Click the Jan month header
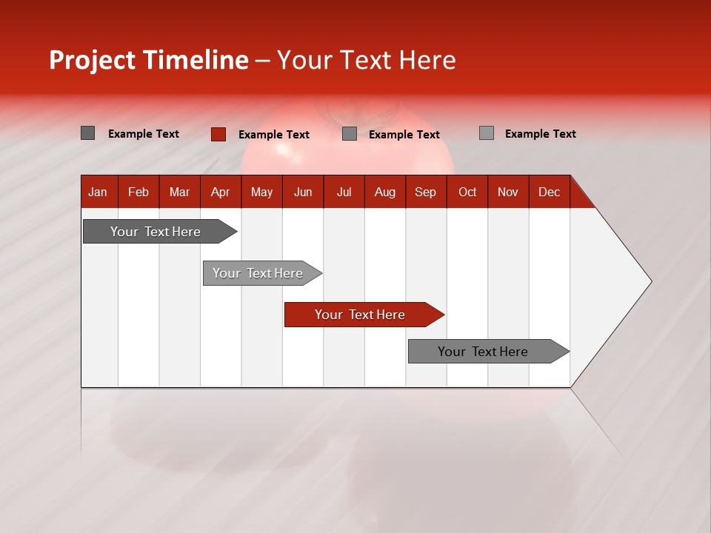[x=98, y=192]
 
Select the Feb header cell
[x=138, y=192]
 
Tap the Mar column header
[x=179, y=192]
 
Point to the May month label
[x=261, y=192]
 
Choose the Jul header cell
[x=344, y=192]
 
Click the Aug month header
[x=384, y=192]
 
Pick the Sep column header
[x=425, y=192]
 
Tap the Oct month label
[x=467, y=192]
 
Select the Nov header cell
[x=508, y=192]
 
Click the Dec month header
[x=549, y=192]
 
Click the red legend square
[x=218, y=134]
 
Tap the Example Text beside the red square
[x=273, y=135]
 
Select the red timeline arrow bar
[x=363, y=315]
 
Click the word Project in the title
[x=93, y=60]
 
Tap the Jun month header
[x=303, y=192]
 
